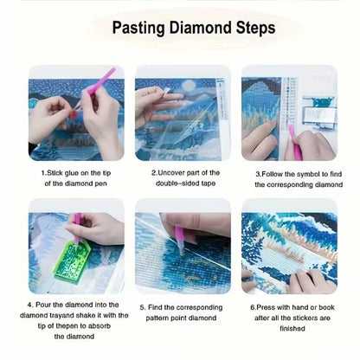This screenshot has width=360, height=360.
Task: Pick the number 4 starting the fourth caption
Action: click(x=29, y=305)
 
